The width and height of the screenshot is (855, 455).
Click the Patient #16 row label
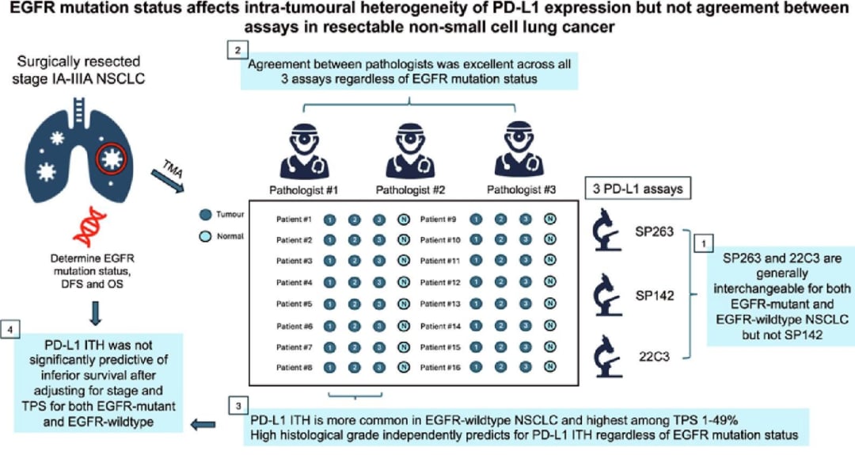coord(439,367)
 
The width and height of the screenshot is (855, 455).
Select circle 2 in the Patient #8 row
coord(355,367)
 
